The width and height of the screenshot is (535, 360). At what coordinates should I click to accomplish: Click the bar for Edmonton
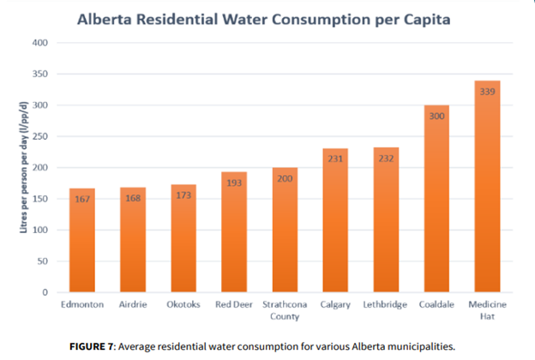(x=81, y=244)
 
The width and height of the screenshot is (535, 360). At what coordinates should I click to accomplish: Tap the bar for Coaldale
(x=436, y=206)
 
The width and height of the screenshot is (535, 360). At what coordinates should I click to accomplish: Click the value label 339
(x=486, y=92)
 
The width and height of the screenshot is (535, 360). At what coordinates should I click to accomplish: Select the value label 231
(x=334, y=159)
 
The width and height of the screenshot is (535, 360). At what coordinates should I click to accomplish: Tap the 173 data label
(x=183, y=195)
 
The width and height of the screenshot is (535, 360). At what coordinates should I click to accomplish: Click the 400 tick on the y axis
(x=40, y=43)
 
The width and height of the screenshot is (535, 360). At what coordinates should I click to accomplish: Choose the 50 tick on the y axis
(x=43, y=261)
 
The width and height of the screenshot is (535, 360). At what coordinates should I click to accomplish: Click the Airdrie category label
(x=132, y=304)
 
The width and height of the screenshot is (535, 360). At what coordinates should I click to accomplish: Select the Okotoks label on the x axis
(x=183, y=304)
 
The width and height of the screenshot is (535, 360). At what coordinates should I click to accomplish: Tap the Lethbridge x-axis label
(x=385, y=304)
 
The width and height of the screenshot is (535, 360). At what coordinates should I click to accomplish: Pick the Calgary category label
(x=334, y=304)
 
